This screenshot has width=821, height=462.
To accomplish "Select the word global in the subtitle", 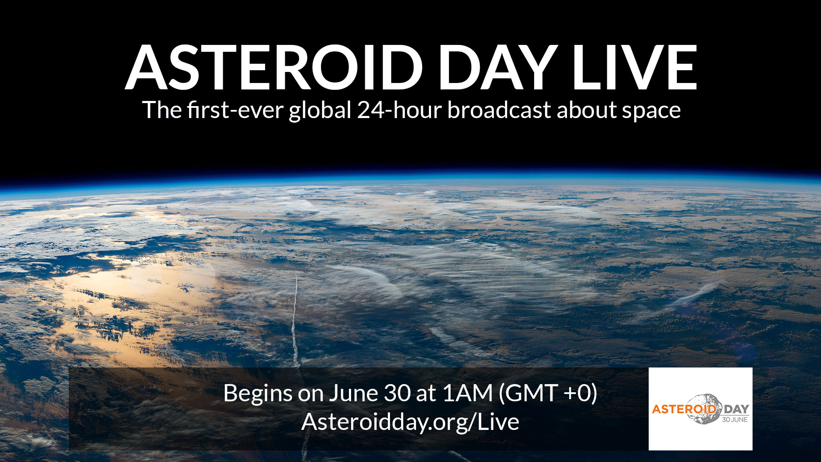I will tap(320, 110).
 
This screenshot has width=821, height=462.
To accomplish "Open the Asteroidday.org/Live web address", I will tap(410, 422).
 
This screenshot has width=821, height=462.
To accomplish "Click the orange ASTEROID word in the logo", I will tap(684, 409).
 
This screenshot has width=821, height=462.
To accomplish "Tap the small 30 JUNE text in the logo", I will tap(735, 420).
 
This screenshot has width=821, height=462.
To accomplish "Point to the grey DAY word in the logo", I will tap(736, 409).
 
